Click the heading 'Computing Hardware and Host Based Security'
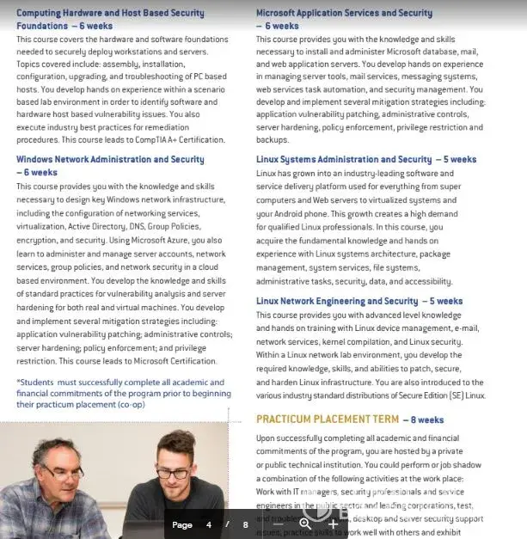coord(110,13)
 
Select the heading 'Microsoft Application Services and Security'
coord(344,13)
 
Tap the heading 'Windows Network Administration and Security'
coord(110,159)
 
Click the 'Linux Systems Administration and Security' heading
coord(344,159)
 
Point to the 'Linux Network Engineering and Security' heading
coord(337,301)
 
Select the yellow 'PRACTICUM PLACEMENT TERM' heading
coord(328,420)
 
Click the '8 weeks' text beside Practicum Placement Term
coord(427,420)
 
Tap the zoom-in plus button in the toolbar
coord(334,524)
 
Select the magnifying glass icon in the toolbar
coord(305,524)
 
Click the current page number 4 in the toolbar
coord(208,524)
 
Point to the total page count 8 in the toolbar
coord(245,524)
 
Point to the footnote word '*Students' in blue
coord(34,383)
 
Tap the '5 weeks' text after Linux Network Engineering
coord(445,302)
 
